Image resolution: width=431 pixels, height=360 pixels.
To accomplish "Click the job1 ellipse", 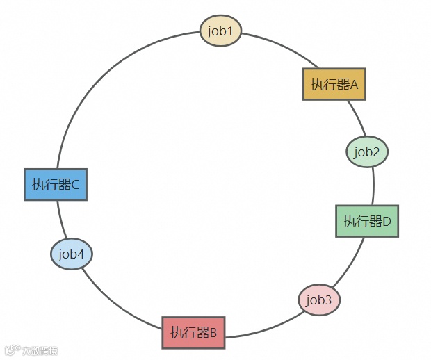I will pos(220,31).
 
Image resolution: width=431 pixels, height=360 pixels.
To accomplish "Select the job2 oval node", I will pos(366,152).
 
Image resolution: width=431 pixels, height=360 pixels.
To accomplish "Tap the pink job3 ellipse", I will pos(319,300).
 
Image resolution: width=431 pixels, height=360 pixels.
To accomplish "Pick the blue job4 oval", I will pos(72,254).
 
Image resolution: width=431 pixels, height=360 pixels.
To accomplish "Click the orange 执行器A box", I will pos(334,84).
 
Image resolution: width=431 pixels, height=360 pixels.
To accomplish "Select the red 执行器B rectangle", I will pos(194,332).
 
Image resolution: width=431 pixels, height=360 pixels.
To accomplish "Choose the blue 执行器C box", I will pos(56,184).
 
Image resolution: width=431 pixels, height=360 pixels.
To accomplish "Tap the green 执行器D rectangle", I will pos(367,221).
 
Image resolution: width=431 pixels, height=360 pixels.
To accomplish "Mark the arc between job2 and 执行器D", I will pos(373,186).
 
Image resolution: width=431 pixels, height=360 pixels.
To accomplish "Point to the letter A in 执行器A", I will pos(353,85).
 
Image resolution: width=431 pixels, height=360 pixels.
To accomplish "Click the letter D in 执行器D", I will pos(387,222).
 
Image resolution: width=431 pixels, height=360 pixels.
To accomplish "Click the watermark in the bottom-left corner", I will pos(31,351).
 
